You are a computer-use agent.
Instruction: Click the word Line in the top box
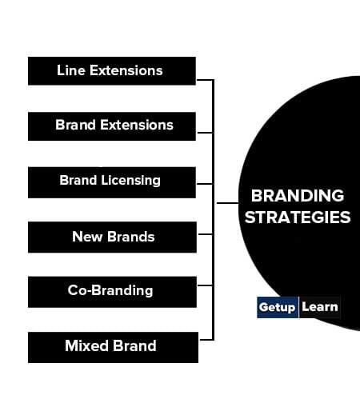(x=71, y=70)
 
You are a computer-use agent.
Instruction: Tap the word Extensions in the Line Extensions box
(x=126, y=70)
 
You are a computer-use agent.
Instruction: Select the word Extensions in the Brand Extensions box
(x=137, y=125)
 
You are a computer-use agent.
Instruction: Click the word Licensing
(x=130, y=181)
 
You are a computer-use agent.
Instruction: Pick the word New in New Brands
(x=87, y=237)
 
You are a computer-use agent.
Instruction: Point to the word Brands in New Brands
(x=130, y=237)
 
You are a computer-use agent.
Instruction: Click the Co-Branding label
(x=110, y=290)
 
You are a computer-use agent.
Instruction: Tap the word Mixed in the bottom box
(x=86, y=345)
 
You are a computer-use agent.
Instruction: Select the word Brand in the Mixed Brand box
(x=134, y=345)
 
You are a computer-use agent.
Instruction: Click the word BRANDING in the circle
(x=298, y=196)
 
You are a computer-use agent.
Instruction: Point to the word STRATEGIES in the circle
(x=298, y=217)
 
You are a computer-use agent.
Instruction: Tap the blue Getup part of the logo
(x=277, y=307)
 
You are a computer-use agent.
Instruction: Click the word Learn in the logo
(x=320, y=307)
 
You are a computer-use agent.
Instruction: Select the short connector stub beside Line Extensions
(x=205, y=80)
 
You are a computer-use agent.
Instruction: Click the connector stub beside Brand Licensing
(x=205, y=184)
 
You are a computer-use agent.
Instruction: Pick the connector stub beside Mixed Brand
(x=206, y=340)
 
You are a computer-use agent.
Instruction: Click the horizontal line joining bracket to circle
(x=227, y=203)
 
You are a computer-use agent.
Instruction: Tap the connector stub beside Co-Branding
(x=206, y=285)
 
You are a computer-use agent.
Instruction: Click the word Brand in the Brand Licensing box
(x=78, y=180)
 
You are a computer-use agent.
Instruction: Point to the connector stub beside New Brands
(x=206, y=234)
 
